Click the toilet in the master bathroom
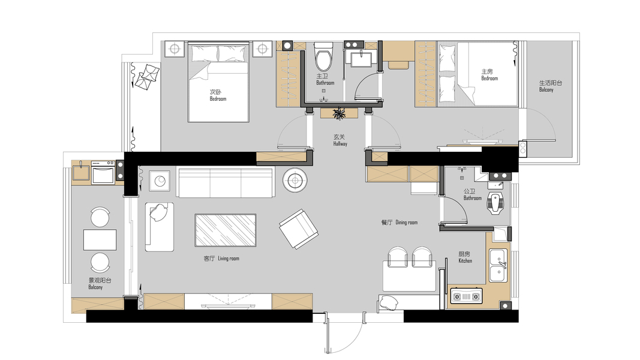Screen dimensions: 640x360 pos(324,56)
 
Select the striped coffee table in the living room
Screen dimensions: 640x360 pos(226,230)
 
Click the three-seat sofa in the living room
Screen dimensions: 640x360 pos(226,182)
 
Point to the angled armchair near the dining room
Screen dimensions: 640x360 pos(298,229)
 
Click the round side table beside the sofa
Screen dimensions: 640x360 pos(295,179)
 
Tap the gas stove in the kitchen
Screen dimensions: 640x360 pos(466,296)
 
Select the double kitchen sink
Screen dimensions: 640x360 pos(499,265)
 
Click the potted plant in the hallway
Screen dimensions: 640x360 pos(339,113)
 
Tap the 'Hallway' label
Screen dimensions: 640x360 pos(340,143)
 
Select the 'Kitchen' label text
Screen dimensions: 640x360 pos(465,261)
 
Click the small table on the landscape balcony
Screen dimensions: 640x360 pos(100,239)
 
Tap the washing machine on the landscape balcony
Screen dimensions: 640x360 pos(103,173)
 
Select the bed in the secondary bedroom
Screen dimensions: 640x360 pos(218,82)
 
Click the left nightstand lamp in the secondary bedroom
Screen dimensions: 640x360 pos(175,49)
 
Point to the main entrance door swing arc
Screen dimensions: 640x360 pos(350,342)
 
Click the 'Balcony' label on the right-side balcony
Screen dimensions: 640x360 pos(546,90)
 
